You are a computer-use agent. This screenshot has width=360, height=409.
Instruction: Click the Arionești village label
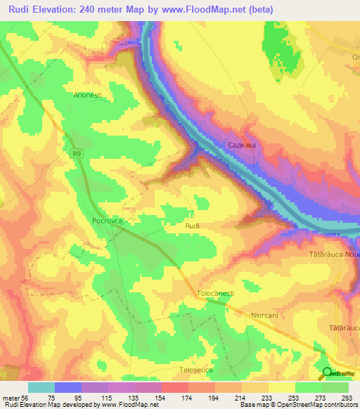(x=89, y=93)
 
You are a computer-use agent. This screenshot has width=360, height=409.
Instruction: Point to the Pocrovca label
(x=108, y=220)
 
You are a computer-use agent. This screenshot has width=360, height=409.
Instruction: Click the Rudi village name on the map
(x=193, y=226)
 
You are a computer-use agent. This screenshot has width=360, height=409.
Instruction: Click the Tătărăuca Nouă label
(x=335, y=252)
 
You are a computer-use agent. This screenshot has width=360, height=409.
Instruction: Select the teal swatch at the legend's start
(x=41, y=387)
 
